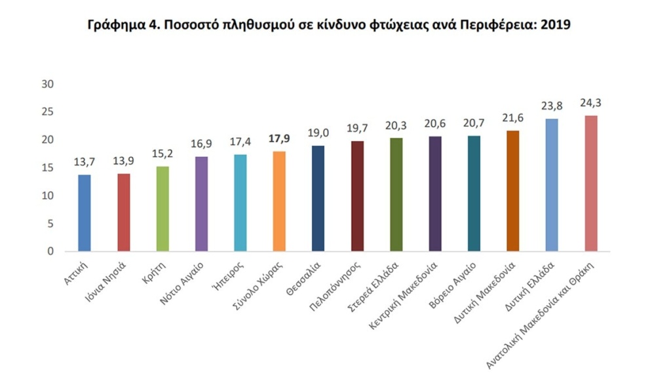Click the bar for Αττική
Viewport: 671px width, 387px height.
(85, 213)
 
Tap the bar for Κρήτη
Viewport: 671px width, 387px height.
(163, 209)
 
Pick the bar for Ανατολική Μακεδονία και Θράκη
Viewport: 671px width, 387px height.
(590, 183)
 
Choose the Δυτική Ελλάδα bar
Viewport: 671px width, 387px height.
(552, 184)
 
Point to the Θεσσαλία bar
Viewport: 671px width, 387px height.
(318, 198)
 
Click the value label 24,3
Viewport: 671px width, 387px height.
(591, 103)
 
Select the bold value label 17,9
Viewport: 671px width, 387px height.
(279, 139)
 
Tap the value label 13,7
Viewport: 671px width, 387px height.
(85, 162)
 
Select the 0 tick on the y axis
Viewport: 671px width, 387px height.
(50, 251)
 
